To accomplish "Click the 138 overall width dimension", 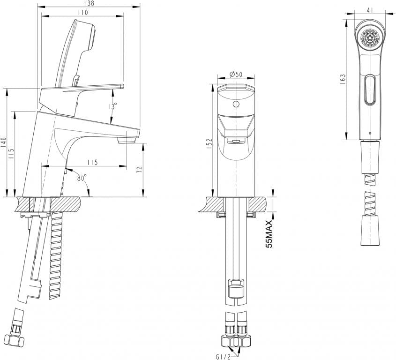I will coord(89,3).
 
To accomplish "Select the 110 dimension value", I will coord(82,13).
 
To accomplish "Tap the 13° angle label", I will coord(112,106).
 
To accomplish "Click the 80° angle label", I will coord(82,178).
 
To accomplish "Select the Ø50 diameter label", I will coord(236,74).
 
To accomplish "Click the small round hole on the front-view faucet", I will coord(236,104).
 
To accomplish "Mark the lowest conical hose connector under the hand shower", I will coord(370,231).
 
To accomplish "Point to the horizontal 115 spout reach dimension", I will coord(92,162).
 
